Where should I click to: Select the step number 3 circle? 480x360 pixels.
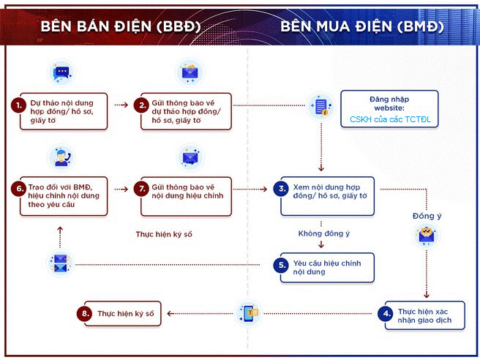pyautogui.click(x=282, y=189)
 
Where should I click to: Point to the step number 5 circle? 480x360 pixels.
pyautogui.click(x=282, y=266)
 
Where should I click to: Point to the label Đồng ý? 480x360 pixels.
pyautogui.click(x=427, y=217)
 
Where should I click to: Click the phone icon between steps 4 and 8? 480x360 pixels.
pyautogui.click(x=245, y=312)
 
